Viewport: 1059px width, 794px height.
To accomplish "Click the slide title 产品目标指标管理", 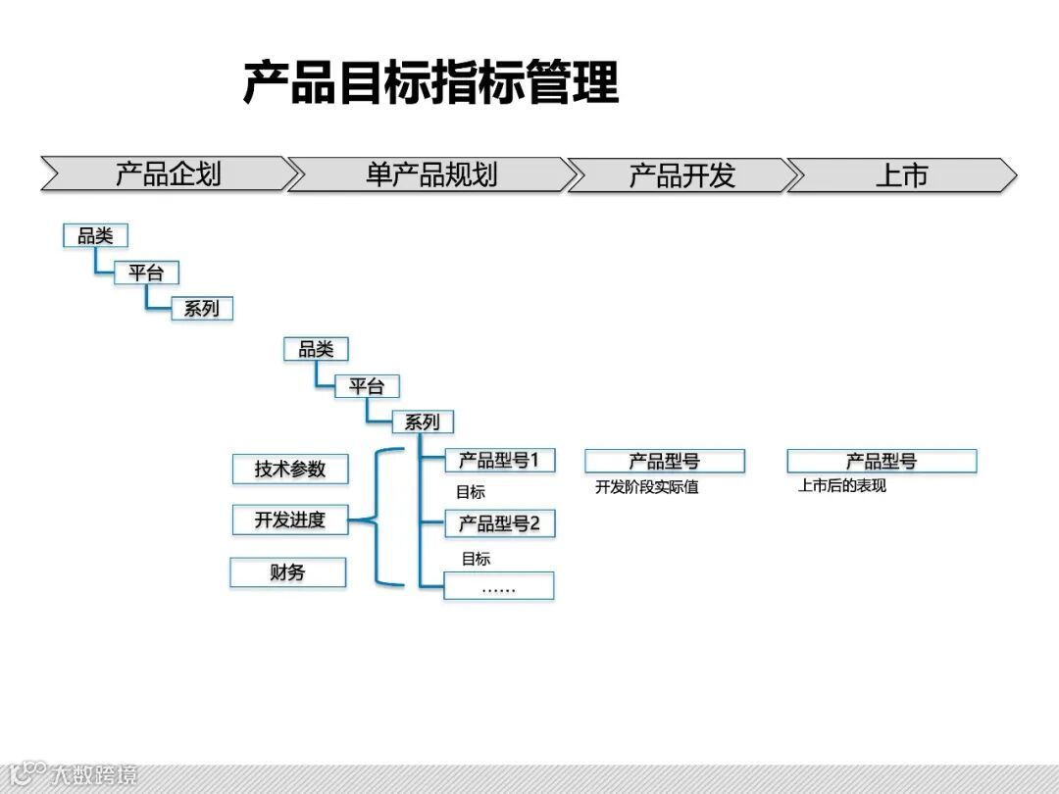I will click(430, 82).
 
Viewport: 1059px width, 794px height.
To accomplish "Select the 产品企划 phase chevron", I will click(168, 174).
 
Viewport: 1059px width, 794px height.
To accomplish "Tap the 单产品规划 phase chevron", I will click(430, 174).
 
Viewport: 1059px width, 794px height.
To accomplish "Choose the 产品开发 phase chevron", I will click(681, 175).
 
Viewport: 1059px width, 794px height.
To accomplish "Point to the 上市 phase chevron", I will click(901, 175).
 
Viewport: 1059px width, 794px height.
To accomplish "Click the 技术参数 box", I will click(290, 469).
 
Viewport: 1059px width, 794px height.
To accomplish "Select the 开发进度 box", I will click(290, 520).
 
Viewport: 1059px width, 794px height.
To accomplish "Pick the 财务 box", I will click(287, 572).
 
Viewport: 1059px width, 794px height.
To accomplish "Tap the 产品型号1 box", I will click(499, 460).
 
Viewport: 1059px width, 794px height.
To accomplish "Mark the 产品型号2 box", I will click(499, 523).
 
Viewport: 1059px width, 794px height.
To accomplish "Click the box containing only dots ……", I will click(498, 586).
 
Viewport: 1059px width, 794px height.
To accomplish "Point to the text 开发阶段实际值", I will click(647, 487).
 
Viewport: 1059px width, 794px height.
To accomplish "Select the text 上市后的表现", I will click(842, 485).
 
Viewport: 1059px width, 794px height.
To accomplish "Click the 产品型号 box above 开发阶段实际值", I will click(665, 461).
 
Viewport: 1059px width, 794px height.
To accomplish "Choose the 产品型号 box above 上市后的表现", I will click(882, 461).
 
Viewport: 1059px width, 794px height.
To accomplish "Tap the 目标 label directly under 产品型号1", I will click(471, 492).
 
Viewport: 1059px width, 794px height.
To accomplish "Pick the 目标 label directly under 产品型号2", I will click(476, 559).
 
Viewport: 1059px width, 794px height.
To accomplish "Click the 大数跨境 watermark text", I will click(95, 775).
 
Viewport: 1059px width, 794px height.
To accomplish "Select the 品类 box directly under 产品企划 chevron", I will click(95, 235).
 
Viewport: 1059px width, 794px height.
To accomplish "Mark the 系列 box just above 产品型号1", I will click(423, 422).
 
